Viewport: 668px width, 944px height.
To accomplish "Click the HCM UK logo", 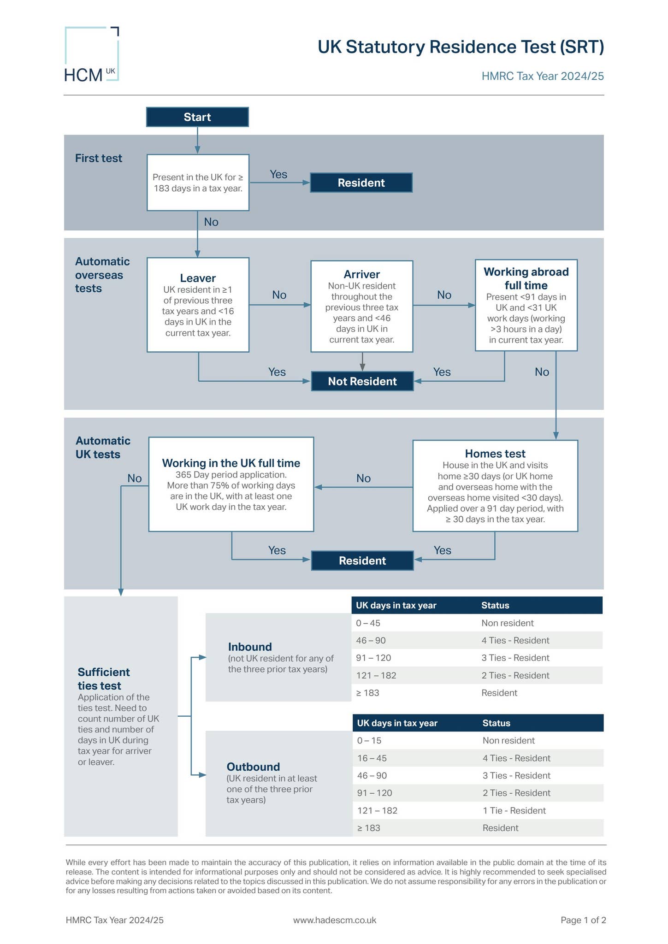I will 92,55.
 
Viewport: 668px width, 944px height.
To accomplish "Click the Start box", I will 197,117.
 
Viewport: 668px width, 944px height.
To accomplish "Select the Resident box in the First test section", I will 361,183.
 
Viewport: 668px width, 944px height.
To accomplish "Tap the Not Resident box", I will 362,382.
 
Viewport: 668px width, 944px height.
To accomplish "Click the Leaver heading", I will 198,278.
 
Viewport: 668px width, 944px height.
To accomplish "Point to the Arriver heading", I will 362,275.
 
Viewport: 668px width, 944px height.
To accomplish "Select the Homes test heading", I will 495,454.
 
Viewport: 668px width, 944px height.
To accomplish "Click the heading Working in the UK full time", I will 231,463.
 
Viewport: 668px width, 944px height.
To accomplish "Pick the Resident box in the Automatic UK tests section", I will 362,561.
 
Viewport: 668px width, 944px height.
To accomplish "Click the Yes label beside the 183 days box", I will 278,174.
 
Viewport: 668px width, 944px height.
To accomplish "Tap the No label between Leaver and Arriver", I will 279,295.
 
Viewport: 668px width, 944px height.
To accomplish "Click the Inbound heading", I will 250,647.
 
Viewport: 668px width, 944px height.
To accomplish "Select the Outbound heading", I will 253,767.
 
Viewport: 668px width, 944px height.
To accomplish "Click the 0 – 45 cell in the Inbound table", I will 368,623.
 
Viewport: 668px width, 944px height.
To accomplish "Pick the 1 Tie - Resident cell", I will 514,810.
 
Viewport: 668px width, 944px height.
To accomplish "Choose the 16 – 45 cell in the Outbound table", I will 372,758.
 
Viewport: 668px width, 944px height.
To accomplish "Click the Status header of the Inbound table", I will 495,605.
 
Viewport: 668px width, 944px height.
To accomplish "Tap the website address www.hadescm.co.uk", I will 335,920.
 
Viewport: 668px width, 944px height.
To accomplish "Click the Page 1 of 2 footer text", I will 583,920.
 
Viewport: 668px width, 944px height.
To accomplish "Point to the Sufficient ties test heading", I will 104,678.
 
